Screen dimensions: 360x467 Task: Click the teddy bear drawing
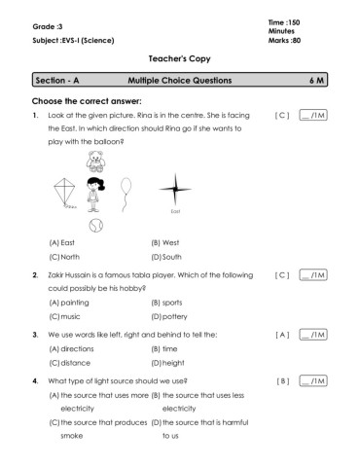coord(94,162)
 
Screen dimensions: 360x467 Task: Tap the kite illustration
coord(65,193)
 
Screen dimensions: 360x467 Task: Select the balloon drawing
coord(126,194)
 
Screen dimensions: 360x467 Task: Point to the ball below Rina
coord(96,226)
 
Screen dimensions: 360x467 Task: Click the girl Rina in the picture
coord(94,195)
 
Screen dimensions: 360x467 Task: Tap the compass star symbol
coord(175,190)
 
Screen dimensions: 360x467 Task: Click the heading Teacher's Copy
coord(180,58)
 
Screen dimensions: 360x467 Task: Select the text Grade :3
coord(48,26)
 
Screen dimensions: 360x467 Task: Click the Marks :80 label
coord(284,41)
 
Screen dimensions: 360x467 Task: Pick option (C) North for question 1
coord(64,257)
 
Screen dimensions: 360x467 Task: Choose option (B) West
coord(165,242)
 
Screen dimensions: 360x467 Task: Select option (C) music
coord(64,316)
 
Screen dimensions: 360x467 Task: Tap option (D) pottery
coord(169,316)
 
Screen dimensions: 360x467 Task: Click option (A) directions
coord(71,349)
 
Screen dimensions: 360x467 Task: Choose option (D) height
coord(167,363)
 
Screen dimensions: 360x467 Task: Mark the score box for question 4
coord(313,380)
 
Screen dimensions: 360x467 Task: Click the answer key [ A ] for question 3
coord(282,335)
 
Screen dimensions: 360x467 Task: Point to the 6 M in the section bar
coord(316,81)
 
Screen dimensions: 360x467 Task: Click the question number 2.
coord(35,275)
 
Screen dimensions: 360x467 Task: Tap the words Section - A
coord(57,81)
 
